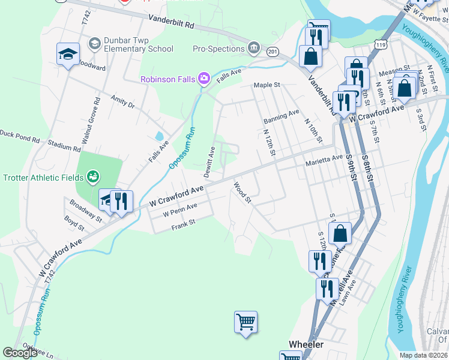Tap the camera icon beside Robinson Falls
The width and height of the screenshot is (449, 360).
point(203,78)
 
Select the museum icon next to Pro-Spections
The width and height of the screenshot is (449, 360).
point(254,48)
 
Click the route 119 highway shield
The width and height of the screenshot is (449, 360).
point(379,44)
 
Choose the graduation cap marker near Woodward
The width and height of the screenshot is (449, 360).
point(68,55)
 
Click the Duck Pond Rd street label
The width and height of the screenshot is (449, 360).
point(19,139)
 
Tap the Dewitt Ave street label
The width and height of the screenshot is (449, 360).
point(209,162)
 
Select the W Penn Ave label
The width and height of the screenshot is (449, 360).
point(180,211)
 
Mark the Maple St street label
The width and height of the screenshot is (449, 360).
point(267,85)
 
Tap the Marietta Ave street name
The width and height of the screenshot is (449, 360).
point(327,160)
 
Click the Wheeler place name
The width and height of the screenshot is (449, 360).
point(306,344)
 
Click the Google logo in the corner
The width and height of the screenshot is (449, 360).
point(20,353)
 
